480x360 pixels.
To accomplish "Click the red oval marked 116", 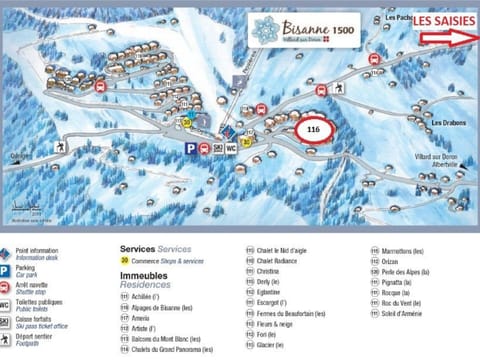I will pos(313,130).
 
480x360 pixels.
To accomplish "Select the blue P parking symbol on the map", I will pos(190,147).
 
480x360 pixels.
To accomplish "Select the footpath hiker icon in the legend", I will pos(5,340).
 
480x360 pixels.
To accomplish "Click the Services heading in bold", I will pos(138,248).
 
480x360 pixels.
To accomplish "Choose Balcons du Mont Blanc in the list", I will pos(165,338).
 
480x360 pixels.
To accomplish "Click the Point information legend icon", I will pos(5,253).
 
